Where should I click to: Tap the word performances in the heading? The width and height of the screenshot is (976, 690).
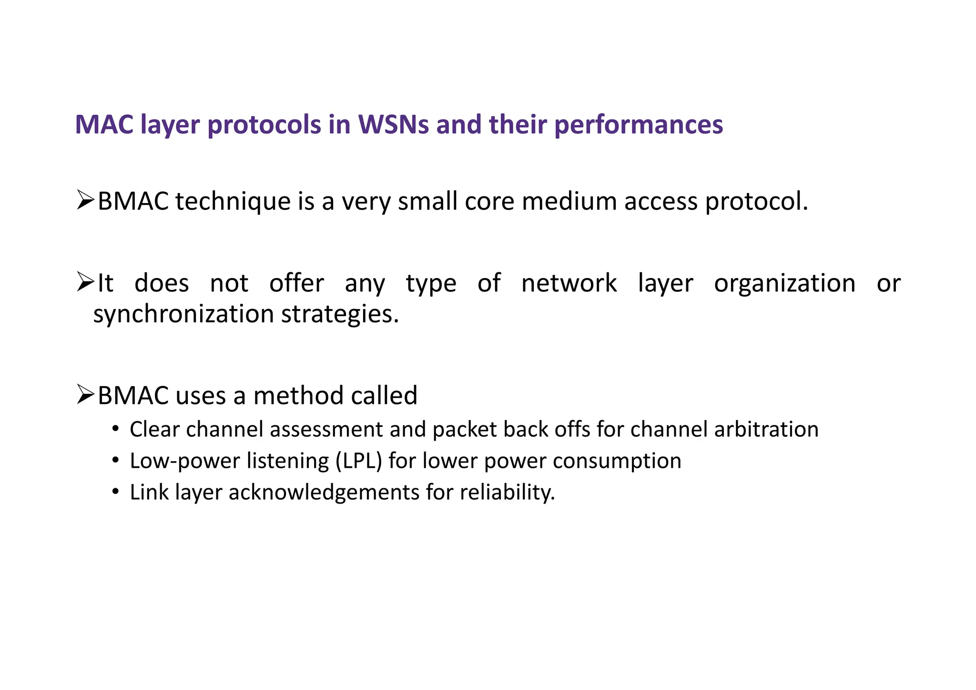pyautogui.click(x=639, y=125)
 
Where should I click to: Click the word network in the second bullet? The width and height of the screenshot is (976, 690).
pyautogui.click(x=569, y=283)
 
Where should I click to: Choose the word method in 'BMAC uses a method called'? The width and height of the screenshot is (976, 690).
pyautogui.click(x=298, y=396)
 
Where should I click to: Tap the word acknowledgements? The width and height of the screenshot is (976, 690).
pyautogui.click(x=324, y=493)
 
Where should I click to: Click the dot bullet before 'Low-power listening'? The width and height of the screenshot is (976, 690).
pyautogui.click(x=115, y=461)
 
